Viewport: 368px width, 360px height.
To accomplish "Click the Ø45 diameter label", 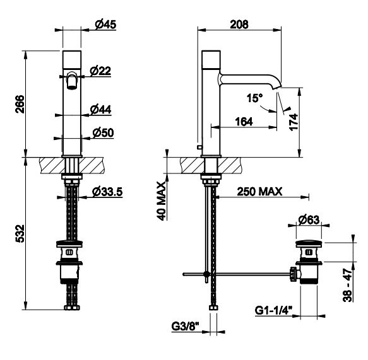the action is (105, 25).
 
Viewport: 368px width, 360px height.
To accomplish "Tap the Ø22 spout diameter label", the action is (100, 71).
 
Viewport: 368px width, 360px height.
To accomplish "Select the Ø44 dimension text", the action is (101, 110).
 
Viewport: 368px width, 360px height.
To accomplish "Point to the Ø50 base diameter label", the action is (103, 132).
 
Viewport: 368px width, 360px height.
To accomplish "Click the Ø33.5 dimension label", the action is (107, 192).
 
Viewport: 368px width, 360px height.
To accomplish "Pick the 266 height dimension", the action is (20, 104).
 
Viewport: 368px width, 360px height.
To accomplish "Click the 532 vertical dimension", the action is (20, 233).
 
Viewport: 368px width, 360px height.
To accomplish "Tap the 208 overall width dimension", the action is (239, 25).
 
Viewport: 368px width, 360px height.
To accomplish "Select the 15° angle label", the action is (254, 98).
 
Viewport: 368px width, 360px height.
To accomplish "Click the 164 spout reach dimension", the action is (244, 122).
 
